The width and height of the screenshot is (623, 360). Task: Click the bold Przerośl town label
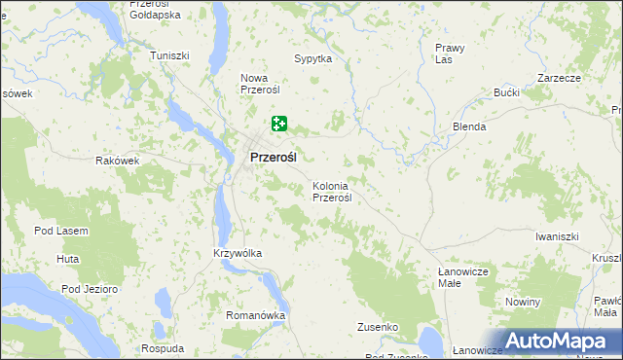(274, 157)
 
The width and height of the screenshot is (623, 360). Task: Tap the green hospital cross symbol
(279, 124)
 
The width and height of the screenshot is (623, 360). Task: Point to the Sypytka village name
(313, 58)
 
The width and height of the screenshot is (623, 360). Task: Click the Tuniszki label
(169, 55)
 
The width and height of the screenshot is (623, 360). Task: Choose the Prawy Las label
(450, 54)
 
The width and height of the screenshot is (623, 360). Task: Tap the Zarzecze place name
(559, 77)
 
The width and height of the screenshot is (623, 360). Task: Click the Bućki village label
(506, 92)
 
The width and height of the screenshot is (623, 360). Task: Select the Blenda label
(469, 126)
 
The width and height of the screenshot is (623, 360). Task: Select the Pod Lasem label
(61, 231)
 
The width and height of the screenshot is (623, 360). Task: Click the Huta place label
(67, 259)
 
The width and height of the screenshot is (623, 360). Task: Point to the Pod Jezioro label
(90, 289)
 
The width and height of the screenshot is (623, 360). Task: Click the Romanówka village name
(255, 315)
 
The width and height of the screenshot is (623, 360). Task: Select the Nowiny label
(523, 302)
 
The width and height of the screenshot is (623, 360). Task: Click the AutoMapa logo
(557, 342)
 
